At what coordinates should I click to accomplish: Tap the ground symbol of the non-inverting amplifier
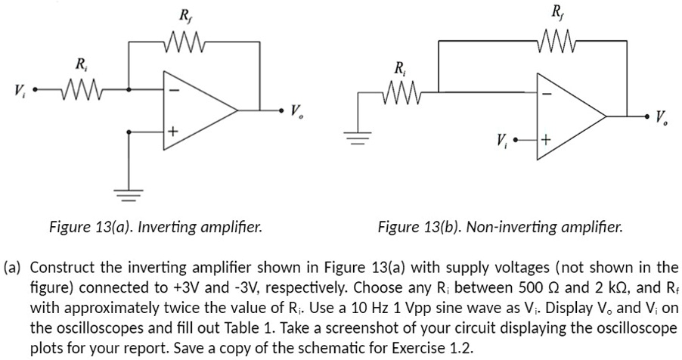pos(358,138)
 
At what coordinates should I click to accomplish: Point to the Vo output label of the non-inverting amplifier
pos(662,118)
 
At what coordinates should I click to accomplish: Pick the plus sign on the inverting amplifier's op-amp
pos(172,133)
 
